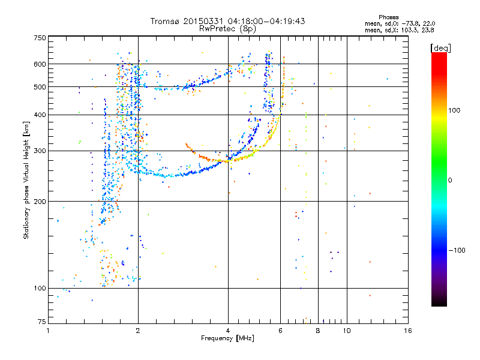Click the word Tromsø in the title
(164, 21)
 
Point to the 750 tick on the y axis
(40, 37)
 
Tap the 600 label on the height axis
(40, 64)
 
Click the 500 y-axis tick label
(40, 86)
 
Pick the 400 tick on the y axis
(40, 115)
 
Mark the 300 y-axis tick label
(40, 151)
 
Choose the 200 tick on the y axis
(40, 201)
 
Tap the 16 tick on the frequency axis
(407, 331)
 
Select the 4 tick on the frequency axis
(228, 331)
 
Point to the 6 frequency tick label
(280, 331)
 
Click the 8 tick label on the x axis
(317, 331)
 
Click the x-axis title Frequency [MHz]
(227, 338)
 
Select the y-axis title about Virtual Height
(26, 181)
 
